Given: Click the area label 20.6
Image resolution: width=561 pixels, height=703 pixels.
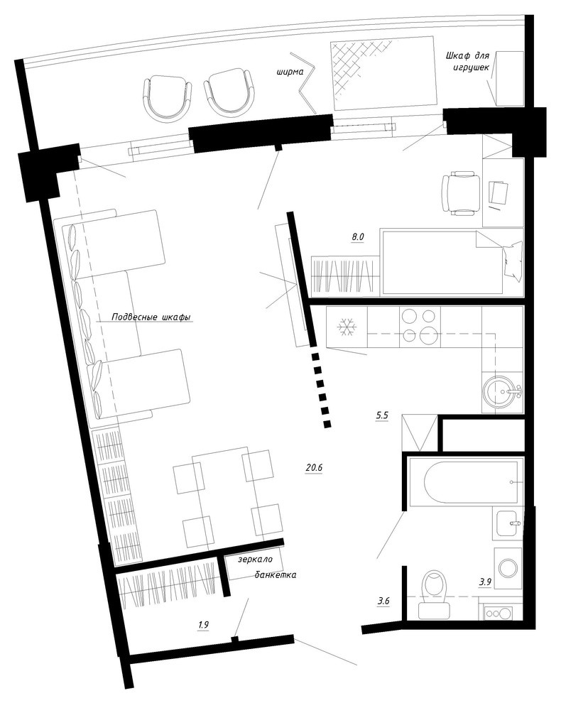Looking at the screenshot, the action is [x=314, y=468].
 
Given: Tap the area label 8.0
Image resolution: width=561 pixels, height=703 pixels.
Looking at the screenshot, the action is [x=357, y=237].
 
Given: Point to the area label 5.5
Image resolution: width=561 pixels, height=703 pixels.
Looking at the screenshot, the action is [x=382, y=415].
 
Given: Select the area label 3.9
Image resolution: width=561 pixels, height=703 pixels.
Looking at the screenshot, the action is [x=486, y=582].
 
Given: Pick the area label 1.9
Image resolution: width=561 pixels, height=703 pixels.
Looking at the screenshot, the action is [x=204, y=625].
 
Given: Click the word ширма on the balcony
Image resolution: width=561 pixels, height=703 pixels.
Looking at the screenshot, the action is [x=290, y=72].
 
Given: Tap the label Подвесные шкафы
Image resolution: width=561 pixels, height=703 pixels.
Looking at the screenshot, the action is [x=151, y=317].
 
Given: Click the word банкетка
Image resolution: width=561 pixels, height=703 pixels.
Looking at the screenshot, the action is [x=276, y=574].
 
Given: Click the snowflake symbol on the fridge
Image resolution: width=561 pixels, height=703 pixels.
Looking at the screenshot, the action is [x=347, y=328].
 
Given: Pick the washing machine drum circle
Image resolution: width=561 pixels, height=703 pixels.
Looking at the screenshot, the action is [x=508, y=568].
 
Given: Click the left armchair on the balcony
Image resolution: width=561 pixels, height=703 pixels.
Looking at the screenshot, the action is [x=166, y=94].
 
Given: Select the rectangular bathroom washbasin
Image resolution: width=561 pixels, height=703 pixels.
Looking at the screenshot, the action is [x=509, y=523].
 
